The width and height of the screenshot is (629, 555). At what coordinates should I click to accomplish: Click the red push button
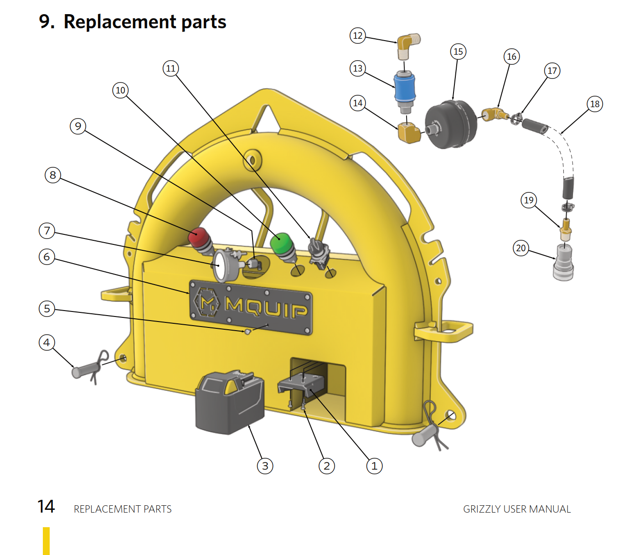199,237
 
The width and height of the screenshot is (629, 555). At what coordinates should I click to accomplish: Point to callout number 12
358,36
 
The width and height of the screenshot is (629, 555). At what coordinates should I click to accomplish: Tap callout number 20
521,248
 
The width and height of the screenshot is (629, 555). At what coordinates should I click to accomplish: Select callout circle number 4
46,342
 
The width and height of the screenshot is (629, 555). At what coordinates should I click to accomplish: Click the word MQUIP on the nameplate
266,307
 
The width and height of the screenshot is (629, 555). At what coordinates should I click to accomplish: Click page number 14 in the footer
46,507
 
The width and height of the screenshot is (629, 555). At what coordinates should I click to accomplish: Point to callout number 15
458,52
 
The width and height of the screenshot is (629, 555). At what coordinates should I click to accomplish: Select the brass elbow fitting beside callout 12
407,46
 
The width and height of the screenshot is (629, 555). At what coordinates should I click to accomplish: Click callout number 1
374,466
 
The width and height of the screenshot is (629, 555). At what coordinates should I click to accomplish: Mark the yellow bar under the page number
46,541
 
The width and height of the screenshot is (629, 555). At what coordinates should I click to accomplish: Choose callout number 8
53,175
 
